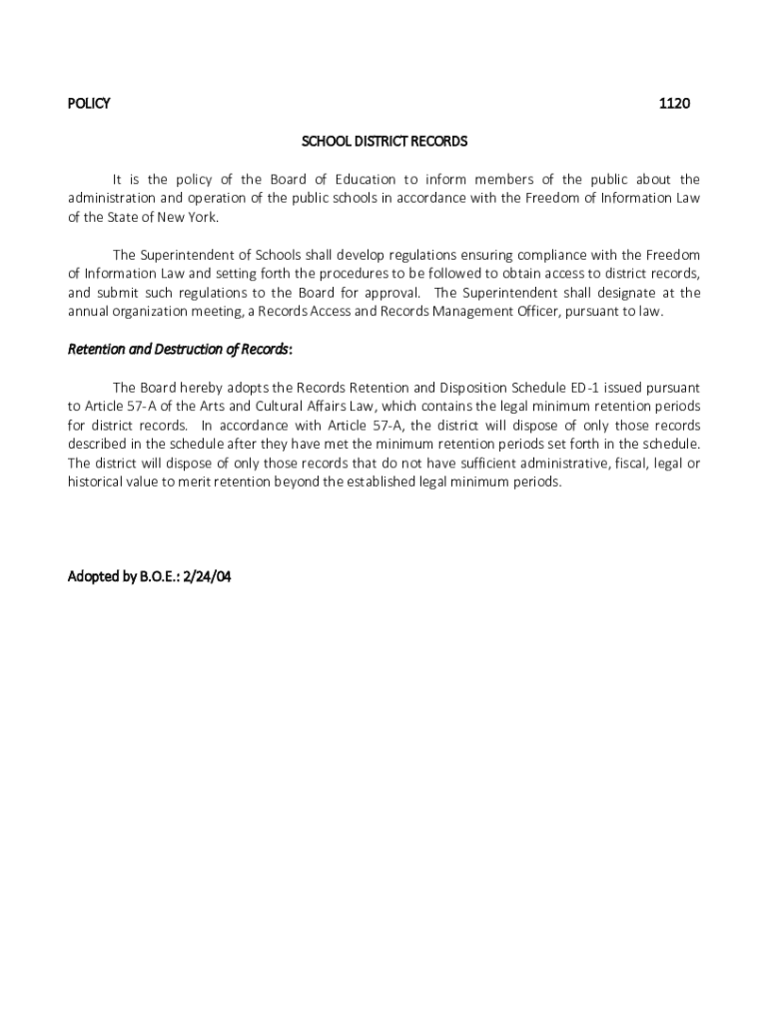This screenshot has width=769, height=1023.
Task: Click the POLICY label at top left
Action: pyautogui.click(x=88, y=104)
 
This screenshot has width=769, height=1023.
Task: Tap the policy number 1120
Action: pyautogui.click(x=674, y=104)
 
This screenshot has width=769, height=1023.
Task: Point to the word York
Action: pyautogui.click(x=199, y=217)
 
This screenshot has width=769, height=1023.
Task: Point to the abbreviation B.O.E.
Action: pyautogui.click(x=150, y=576)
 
